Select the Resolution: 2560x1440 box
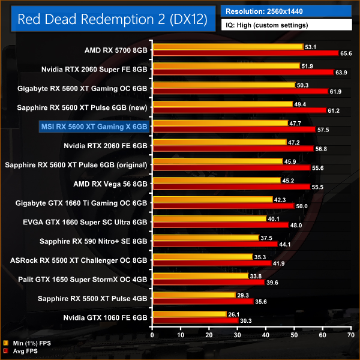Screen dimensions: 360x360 [x=287, y=10]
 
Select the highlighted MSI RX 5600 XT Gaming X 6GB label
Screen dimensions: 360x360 [x=93, y=127]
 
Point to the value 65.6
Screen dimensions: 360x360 [x=346, y=53]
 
